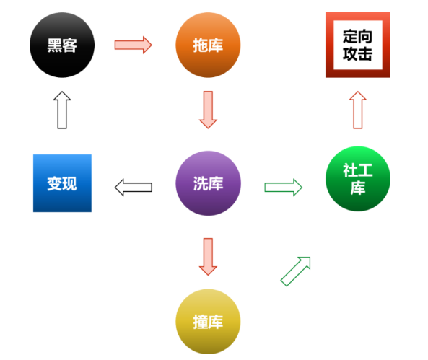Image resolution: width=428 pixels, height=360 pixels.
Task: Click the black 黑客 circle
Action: pos(62,45)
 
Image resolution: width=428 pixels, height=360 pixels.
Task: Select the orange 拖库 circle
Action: pos(208,45)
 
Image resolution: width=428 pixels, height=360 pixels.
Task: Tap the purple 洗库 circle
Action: pos(208,183)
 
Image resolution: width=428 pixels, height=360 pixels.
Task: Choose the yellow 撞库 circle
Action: pos(208,322)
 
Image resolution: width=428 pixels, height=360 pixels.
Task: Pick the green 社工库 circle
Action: pos(358,179)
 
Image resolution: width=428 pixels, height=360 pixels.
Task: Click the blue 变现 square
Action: pos(62,183)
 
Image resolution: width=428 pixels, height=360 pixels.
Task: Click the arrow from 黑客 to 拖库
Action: pos(134,45)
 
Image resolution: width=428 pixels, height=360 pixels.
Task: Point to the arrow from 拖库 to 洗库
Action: pos(208,110)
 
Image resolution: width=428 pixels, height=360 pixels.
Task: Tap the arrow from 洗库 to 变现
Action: pos(134,188)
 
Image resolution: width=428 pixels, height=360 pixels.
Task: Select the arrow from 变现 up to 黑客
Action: pos(62,110)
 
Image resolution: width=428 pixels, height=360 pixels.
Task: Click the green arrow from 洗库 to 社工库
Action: pos(284,188)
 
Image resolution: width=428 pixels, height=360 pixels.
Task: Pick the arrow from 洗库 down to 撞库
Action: pos(208,257)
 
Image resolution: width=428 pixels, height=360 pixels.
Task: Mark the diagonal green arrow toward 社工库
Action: pos(296,271)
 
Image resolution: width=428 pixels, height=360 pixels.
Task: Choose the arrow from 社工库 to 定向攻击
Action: pos(358,110)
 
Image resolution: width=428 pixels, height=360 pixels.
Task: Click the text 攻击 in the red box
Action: pos(358,54)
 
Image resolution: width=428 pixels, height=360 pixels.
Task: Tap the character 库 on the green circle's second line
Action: pos(358,188)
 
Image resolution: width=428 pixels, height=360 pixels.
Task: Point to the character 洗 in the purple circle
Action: pos(201,183)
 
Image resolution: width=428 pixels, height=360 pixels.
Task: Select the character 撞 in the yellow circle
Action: pos(201,322)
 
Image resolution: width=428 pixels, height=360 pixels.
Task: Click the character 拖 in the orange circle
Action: pos(201,45)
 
